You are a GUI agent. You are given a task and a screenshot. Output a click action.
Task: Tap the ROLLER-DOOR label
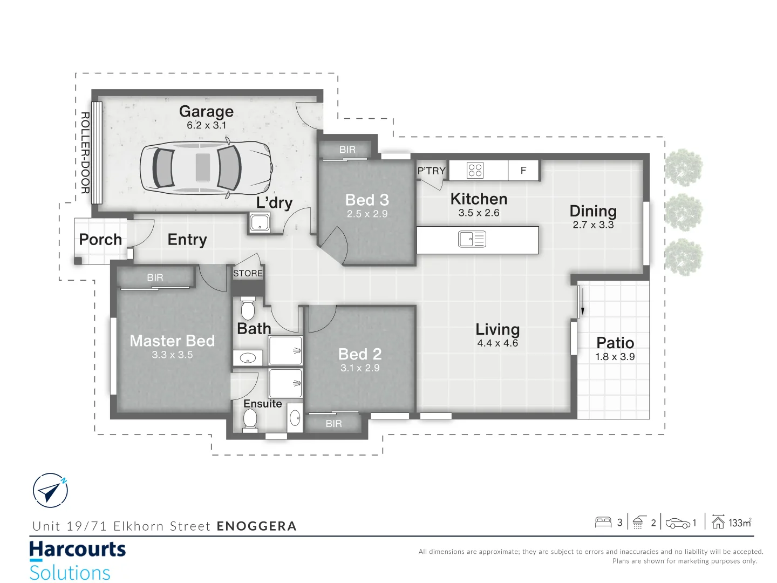[x=85, y=153]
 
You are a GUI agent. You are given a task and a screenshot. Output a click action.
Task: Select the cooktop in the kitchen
[x=475, y=170]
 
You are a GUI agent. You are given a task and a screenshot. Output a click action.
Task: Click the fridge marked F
[x=523, y=170]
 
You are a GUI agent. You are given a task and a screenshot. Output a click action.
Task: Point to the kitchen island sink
[x=472, y=239]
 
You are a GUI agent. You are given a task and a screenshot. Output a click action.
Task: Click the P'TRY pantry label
[x=431, y=171]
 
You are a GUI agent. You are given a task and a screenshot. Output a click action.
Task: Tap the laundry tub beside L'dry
[x=260, y=222]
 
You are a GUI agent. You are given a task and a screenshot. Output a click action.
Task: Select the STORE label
[x=248, y=273]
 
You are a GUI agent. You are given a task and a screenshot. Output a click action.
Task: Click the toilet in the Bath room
[x=248, y=309]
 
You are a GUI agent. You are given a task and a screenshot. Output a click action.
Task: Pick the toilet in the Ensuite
[x=250, y=419]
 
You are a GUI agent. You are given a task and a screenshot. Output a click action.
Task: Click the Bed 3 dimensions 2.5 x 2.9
[x=367, y=214]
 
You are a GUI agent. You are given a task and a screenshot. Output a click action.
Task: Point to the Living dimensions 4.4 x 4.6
[x=497, y=343]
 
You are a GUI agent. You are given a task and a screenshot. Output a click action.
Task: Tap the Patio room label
[x=615, y=343]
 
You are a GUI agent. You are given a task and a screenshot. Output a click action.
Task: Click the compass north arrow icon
[x=50, y=490]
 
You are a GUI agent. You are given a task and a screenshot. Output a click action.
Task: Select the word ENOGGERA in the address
[x=257, y=526]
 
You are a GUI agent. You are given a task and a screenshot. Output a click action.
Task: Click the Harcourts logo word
[x=77, y=550]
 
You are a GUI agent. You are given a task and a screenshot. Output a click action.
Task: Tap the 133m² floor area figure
[x=739, y=523]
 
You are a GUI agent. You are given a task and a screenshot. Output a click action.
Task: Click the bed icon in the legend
[x=603, y=522]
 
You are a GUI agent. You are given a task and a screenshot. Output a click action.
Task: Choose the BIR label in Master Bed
[x=155, y=277]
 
